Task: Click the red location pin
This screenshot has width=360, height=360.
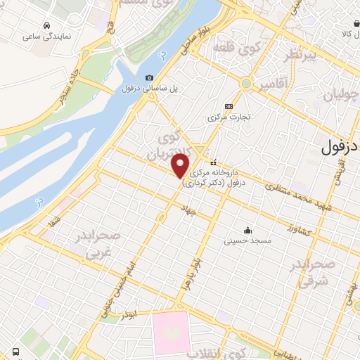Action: tap(181, 165)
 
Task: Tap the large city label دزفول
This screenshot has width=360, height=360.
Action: tap(340, 148)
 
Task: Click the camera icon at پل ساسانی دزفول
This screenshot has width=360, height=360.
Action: tap(149, 78)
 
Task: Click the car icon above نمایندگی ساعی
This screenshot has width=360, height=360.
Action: tap(46, 25)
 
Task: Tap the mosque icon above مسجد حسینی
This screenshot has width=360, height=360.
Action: tap(247, 230)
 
